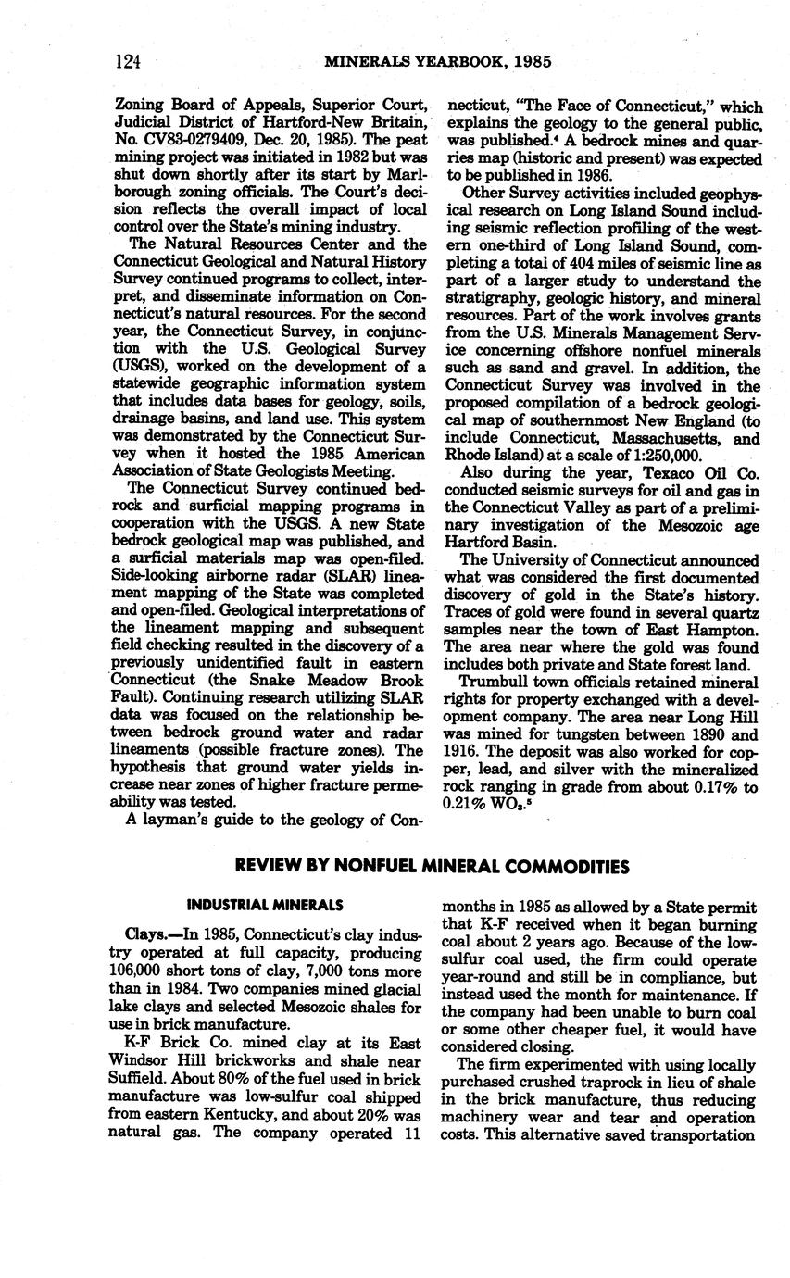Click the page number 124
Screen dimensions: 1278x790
127,62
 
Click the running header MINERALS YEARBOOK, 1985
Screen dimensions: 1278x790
438,62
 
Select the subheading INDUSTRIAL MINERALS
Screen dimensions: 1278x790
265,905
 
